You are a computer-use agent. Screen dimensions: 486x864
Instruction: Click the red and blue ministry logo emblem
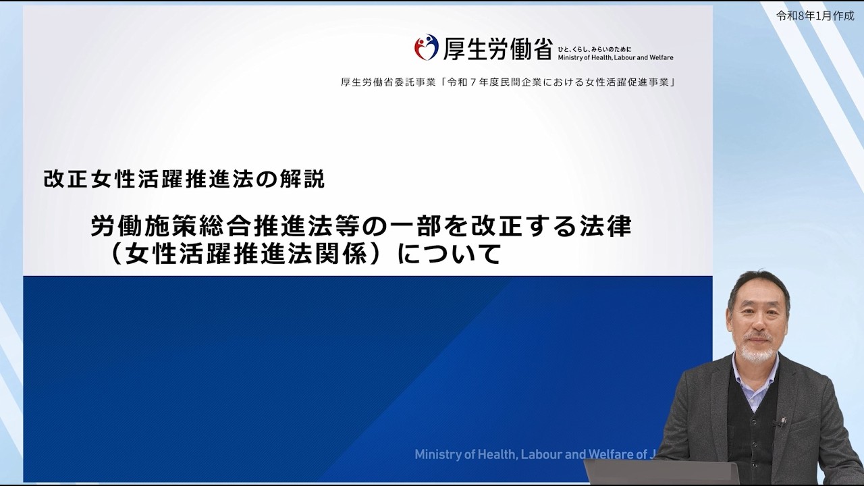click(x=427, y=47)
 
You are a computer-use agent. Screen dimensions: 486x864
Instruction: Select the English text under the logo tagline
click(x=615, y=58)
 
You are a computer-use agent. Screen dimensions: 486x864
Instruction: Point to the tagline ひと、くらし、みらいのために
click(x=595, y=49)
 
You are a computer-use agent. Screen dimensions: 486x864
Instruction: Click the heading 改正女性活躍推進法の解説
click(x=184, y=179)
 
